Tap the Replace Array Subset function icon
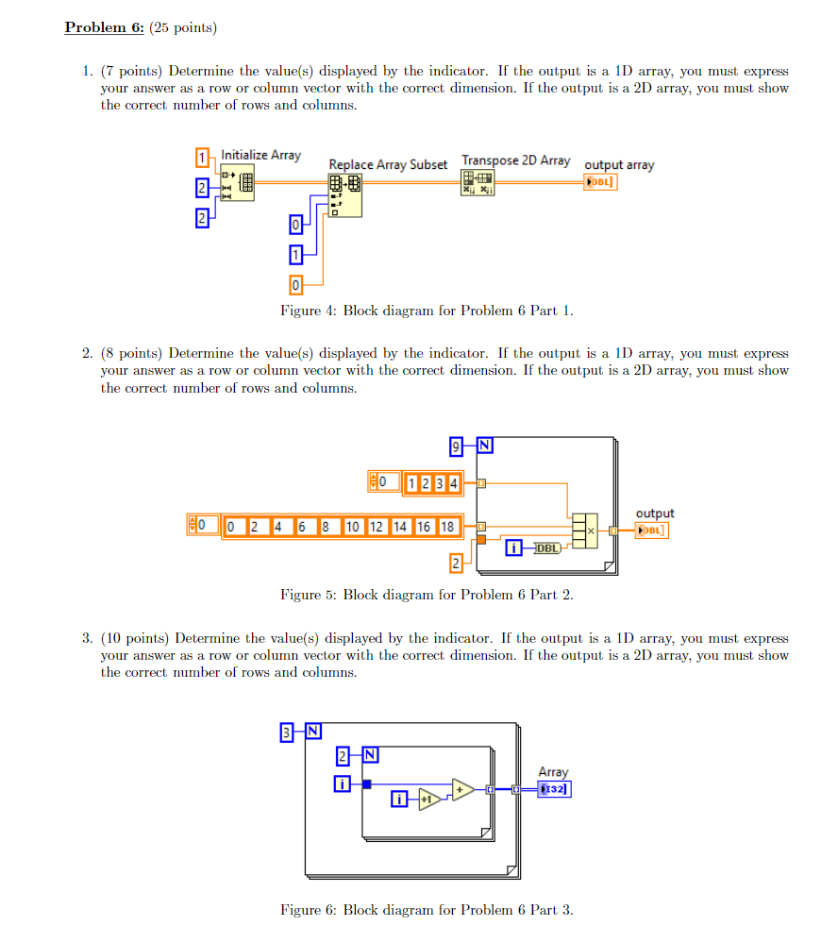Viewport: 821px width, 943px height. click(x=345, y=194)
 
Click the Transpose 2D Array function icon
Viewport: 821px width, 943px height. click(x=478, y=182)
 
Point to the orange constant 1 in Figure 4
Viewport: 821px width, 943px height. click(x=201, y=157)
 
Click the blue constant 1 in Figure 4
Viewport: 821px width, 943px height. click(x=296, y=254)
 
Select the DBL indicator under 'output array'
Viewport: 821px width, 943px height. click(x=601, y=182)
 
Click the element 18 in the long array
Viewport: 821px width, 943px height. click(x=447, y=526)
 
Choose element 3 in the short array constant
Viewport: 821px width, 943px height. click(x=440, y=484)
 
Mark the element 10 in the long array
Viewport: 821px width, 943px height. click(x=353, y=526)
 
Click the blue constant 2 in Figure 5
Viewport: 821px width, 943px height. click(x=457, y=564)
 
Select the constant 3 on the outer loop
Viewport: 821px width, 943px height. click(x=285, y=731)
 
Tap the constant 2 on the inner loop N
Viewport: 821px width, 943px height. click(x=343, y=755)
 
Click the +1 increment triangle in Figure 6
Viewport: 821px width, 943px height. click(x=429, y=800)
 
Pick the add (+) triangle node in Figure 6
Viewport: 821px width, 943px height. click(x=462, y=789)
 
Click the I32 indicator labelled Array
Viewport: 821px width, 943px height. click(x=554, y=789)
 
